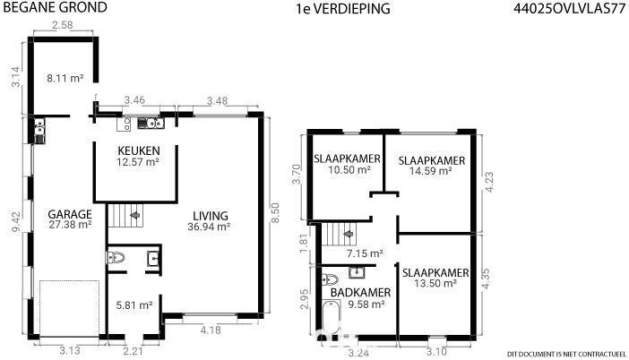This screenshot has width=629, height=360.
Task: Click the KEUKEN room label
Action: (x=139, y=150)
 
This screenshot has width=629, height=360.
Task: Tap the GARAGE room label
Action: (x=70, y=214)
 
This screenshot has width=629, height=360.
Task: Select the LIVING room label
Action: (x=211, y=216)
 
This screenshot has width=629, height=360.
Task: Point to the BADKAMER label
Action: (x=360, y=293)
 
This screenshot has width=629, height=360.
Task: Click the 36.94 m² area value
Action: (x=209, y=227)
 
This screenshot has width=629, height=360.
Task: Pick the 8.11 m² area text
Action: (x=65, y=78)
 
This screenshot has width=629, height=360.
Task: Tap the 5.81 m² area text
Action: (x=134, y=305)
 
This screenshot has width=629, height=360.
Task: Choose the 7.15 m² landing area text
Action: (x=365, y=253)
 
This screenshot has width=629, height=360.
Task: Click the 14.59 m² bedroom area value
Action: (x=431, y=171)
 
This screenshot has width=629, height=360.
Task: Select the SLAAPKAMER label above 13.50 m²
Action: (x=435, y=273)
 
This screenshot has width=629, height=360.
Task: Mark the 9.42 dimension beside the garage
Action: (x=16, y=222)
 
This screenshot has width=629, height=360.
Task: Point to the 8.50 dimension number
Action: (x=275, y=213)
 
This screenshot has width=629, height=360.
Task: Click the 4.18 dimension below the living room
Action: (x=211, y=330)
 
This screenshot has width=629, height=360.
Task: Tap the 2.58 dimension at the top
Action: (x=62, y=25)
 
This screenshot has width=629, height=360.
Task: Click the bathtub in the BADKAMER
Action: (x=331, y=317)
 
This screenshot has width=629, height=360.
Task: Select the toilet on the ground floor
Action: (x=116, y=257)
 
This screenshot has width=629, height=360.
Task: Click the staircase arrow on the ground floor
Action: (x=135, y=215)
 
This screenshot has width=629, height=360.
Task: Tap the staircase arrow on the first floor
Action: (x=348, y=234)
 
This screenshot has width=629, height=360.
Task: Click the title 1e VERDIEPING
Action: (x=343, y=9)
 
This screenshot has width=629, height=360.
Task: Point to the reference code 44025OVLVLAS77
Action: (x=570, y=9)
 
